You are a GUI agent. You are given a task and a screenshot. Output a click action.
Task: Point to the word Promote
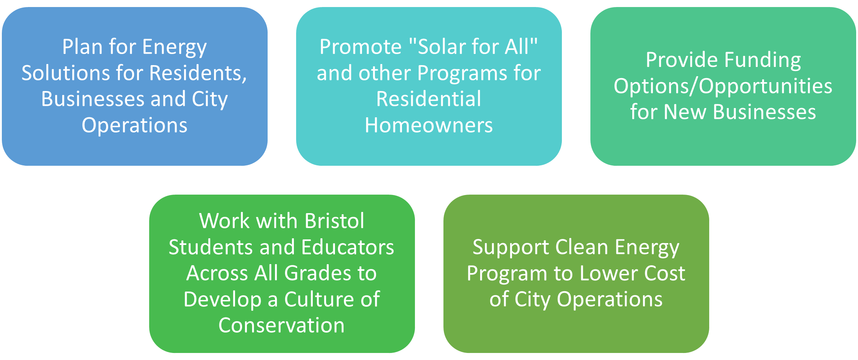[x=360, y=47]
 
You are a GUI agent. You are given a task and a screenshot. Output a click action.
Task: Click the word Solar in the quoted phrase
[x=440, y=47]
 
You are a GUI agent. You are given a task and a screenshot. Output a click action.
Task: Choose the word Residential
[x=429, y=99]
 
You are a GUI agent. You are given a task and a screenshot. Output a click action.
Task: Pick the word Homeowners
[x=429, y=125]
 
